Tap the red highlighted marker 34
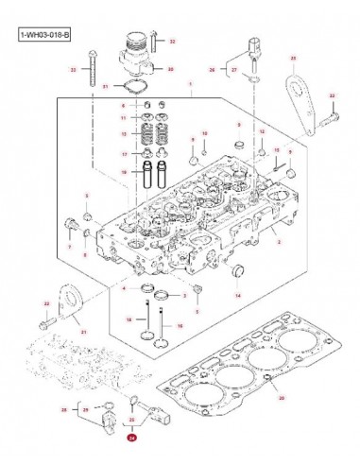pyautogui.click(x=132, y=439)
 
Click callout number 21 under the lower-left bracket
pyautogui.click(x=82, y=333)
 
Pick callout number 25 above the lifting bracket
pyautogui.click(x=294, y=59)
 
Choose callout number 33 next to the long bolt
pyautogui.click(x=72, y=70)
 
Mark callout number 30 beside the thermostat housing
pyautogui.click(x=170, y=70)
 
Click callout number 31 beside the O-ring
pyautogui.click(x=105, y=86)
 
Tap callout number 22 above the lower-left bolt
pyautogui.click(x=45, y=302)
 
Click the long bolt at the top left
pyautogui.click(x=89, y=68)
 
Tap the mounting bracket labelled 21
pyautogui.click(x=68, y=302)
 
